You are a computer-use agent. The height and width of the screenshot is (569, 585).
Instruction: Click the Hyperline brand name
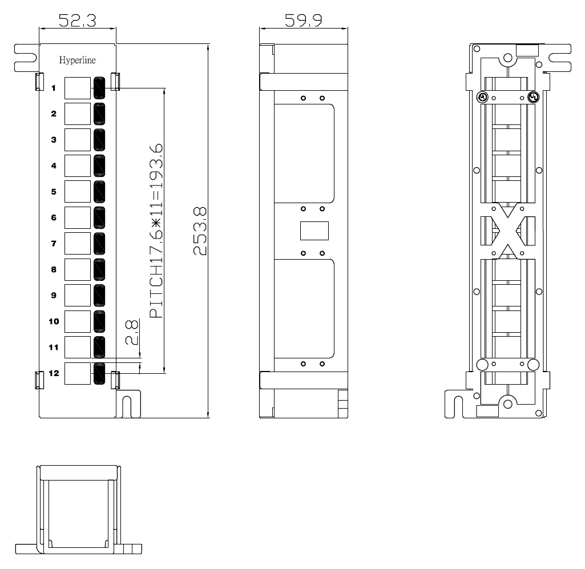point(77,60)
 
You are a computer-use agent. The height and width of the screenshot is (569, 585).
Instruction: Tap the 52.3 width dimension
point(77,20)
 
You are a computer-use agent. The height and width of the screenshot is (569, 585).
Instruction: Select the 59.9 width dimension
point(303,20)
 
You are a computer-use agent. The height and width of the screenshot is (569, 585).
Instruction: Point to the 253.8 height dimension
point(200,231)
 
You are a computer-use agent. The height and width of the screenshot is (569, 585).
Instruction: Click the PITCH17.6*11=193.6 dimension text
point(156,231)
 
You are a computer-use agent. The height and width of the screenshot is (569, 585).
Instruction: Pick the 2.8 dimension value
point(132,332)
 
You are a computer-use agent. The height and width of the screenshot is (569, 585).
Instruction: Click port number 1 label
point(54,88)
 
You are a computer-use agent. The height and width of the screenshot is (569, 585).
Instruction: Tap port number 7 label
point(54,244)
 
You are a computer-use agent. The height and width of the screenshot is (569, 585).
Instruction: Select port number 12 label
point(54,373)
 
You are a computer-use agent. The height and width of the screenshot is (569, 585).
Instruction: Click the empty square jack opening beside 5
point(78,192)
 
